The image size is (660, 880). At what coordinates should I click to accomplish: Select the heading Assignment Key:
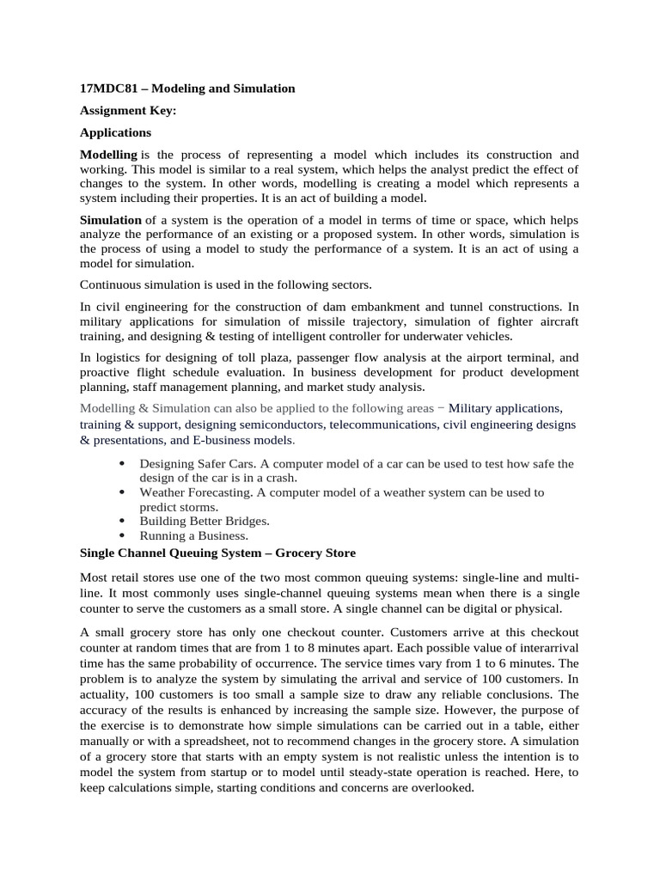(x=127, y=111)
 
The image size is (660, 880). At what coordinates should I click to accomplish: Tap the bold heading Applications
(x=115, y=133)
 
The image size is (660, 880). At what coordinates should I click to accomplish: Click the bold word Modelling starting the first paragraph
(x=108, y=155)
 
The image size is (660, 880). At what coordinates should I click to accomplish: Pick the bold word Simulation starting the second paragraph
(x=111, y=220)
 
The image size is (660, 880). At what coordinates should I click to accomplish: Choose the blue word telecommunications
(x=383, y=425)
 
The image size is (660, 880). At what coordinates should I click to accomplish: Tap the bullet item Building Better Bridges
(x=205, y=521)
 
